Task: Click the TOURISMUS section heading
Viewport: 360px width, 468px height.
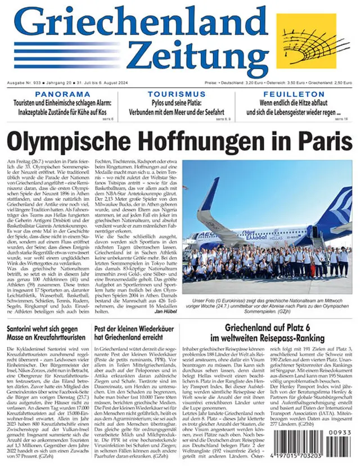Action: click(176, 94)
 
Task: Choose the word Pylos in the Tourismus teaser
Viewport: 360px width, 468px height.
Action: click(159, 103)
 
